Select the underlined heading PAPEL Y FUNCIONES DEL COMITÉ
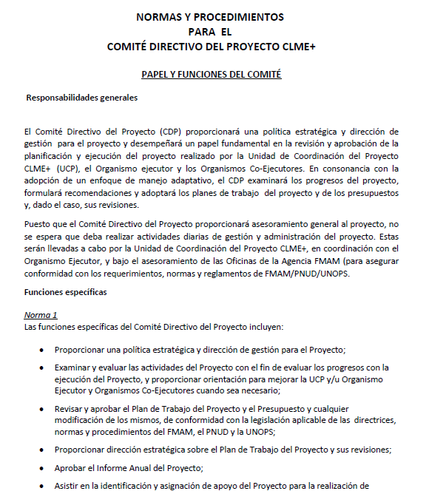click(212, 75)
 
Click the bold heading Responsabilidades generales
click(81, 98)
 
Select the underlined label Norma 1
click(41, 315)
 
